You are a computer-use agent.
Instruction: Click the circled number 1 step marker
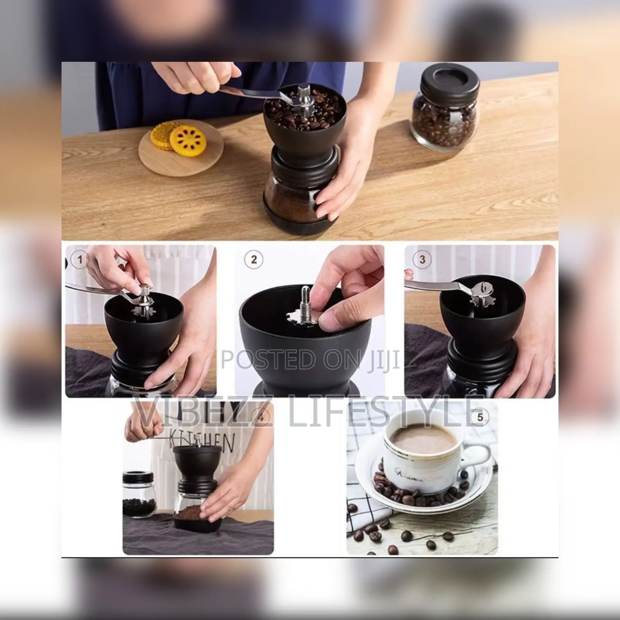coord(80,259)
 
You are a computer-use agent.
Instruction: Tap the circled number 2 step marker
coord(254,259)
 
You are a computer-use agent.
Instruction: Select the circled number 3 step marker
coord(422,259)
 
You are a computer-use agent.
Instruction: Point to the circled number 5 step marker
coord(480,417)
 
